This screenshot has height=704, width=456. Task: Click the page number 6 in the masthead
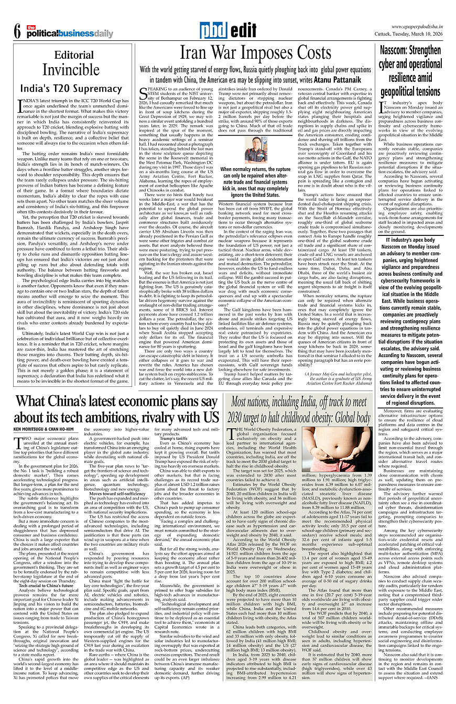point(17,32)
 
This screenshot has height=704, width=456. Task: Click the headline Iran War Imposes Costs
point(256,53)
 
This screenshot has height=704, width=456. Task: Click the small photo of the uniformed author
point(255,148)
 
